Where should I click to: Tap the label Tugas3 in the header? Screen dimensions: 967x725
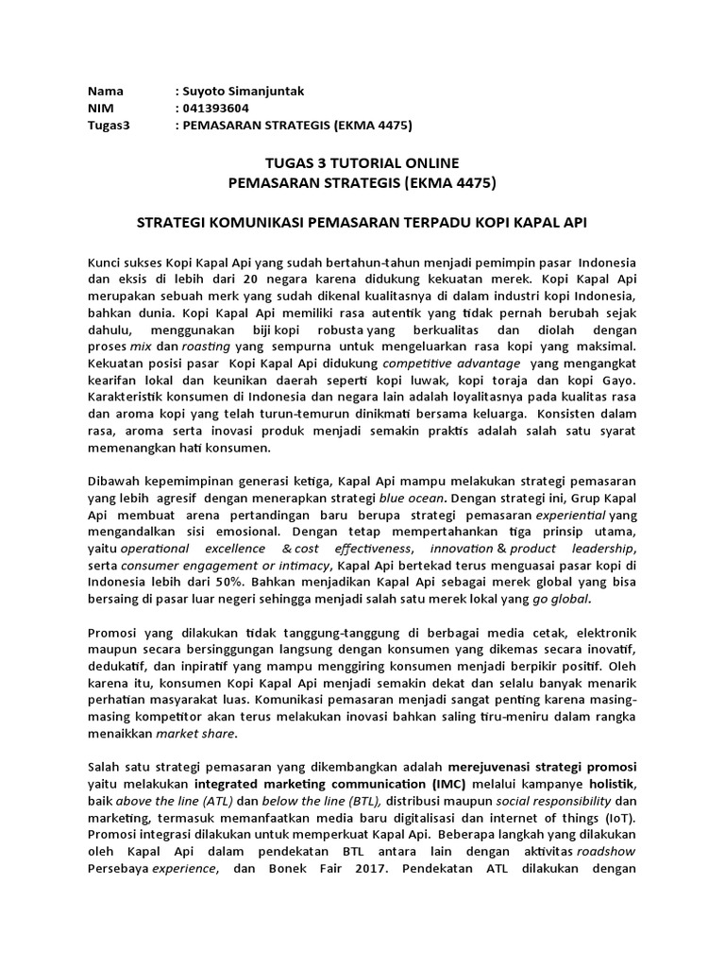click(108, 125)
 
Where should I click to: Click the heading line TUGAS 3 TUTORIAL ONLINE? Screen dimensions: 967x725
click(363, 162)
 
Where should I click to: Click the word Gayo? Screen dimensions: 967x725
click(617, 381)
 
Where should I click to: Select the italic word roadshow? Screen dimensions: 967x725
click(606, 855)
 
